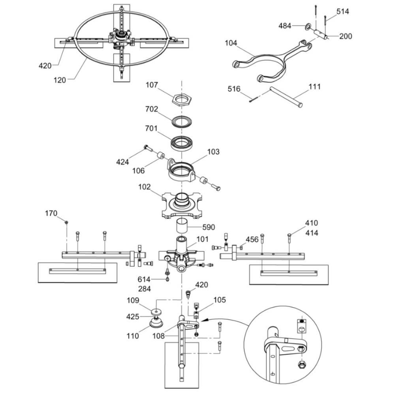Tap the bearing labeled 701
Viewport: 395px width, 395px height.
[x=182, y=141]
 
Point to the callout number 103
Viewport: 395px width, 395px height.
[x=213, y=152]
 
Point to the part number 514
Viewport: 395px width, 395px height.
[x=342, y=11]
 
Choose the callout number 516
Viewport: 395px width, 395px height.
[x=234, y=89]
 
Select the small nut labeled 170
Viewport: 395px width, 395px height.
[x=67, y=222]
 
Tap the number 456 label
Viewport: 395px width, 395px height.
[x=252, y=239]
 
